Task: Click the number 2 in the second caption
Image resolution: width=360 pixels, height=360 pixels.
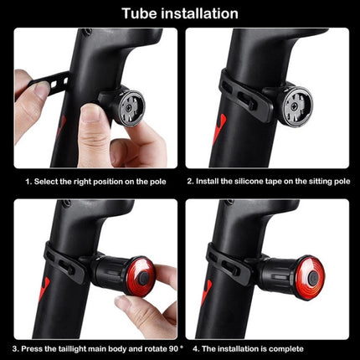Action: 189,180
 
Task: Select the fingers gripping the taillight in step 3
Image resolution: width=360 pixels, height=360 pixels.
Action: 158,293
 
